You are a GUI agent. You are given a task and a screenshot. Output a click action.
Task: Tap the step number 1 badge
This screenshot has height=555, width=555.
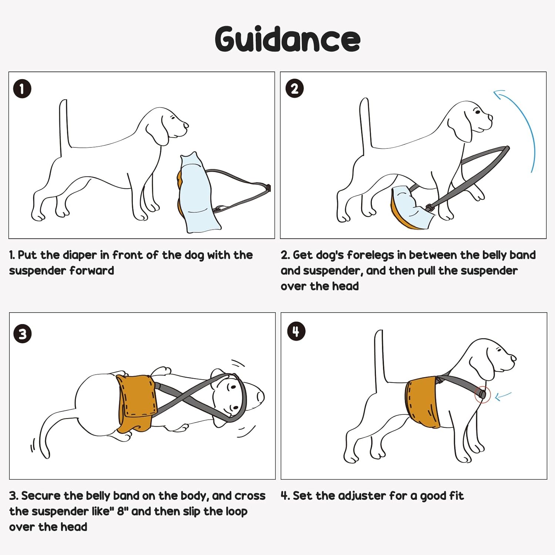pyautogui.click(x=22, y=89)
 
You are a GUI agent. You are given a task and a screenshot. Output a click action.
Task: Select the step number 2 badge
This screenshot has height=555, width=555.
pyautogui.click(x=295, y=89)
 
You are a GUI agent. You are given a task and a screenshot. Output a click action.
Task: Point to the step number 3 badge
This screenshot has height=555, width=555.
pyautogui.click(x=23, y=334)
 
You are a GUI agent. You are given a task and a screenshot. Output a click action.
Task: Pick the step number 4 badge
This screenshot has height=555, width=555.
pyautogui.click(x=296, y=331)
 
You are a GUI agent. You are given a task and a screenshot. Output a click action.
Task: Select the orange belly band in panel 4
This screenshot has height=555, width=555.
pyautogui.click(x=423, y=401)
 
